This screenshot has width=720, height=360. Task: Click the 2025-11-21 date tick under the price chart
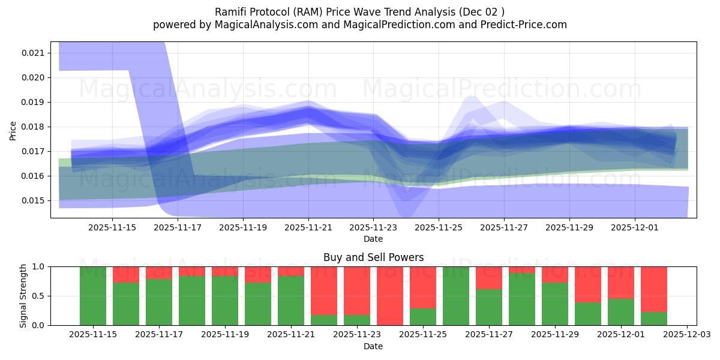pos(308,228)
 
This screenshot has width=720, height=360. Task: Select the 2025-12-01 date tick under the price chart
pos(635,228)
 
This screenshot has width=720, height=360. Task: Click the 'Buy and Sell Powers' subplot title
pos(373,257)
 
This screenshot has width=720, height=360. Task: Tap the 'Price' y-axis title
pos(13,130)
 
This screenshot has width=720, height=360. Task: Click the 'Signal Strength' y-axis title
pos(23,296)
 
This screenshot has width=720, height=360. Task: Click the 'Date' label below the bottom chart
pos(373,346)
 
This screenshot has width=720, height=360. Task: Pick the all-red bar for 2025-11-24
pos(390,296)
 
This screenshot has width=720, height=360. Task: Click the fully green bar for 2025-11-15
pos(93,296)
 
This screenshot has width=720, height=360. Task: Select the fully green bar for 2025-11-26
pos(456,296)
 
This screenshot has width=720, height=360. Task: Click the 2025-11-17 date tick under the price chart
pos(178,228)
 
